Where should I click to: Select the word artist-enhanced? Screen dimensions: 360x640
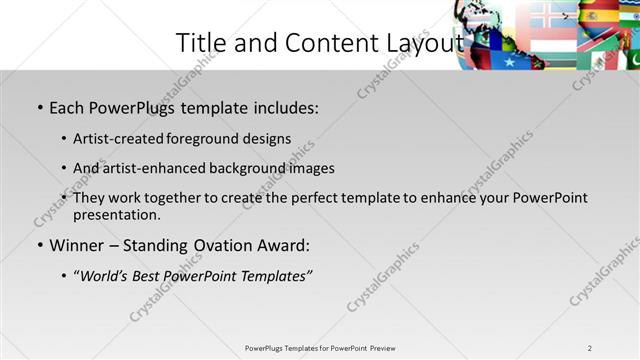[157, 168]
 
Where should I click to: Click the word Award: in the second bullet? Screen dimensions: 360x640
[283, 245]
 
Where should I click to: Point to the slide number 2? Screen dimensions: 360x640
[590, 348]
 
